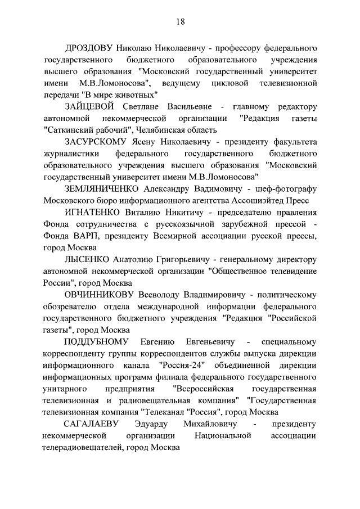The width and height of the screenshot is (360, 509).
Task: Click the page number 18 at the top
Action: [180, 21]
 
